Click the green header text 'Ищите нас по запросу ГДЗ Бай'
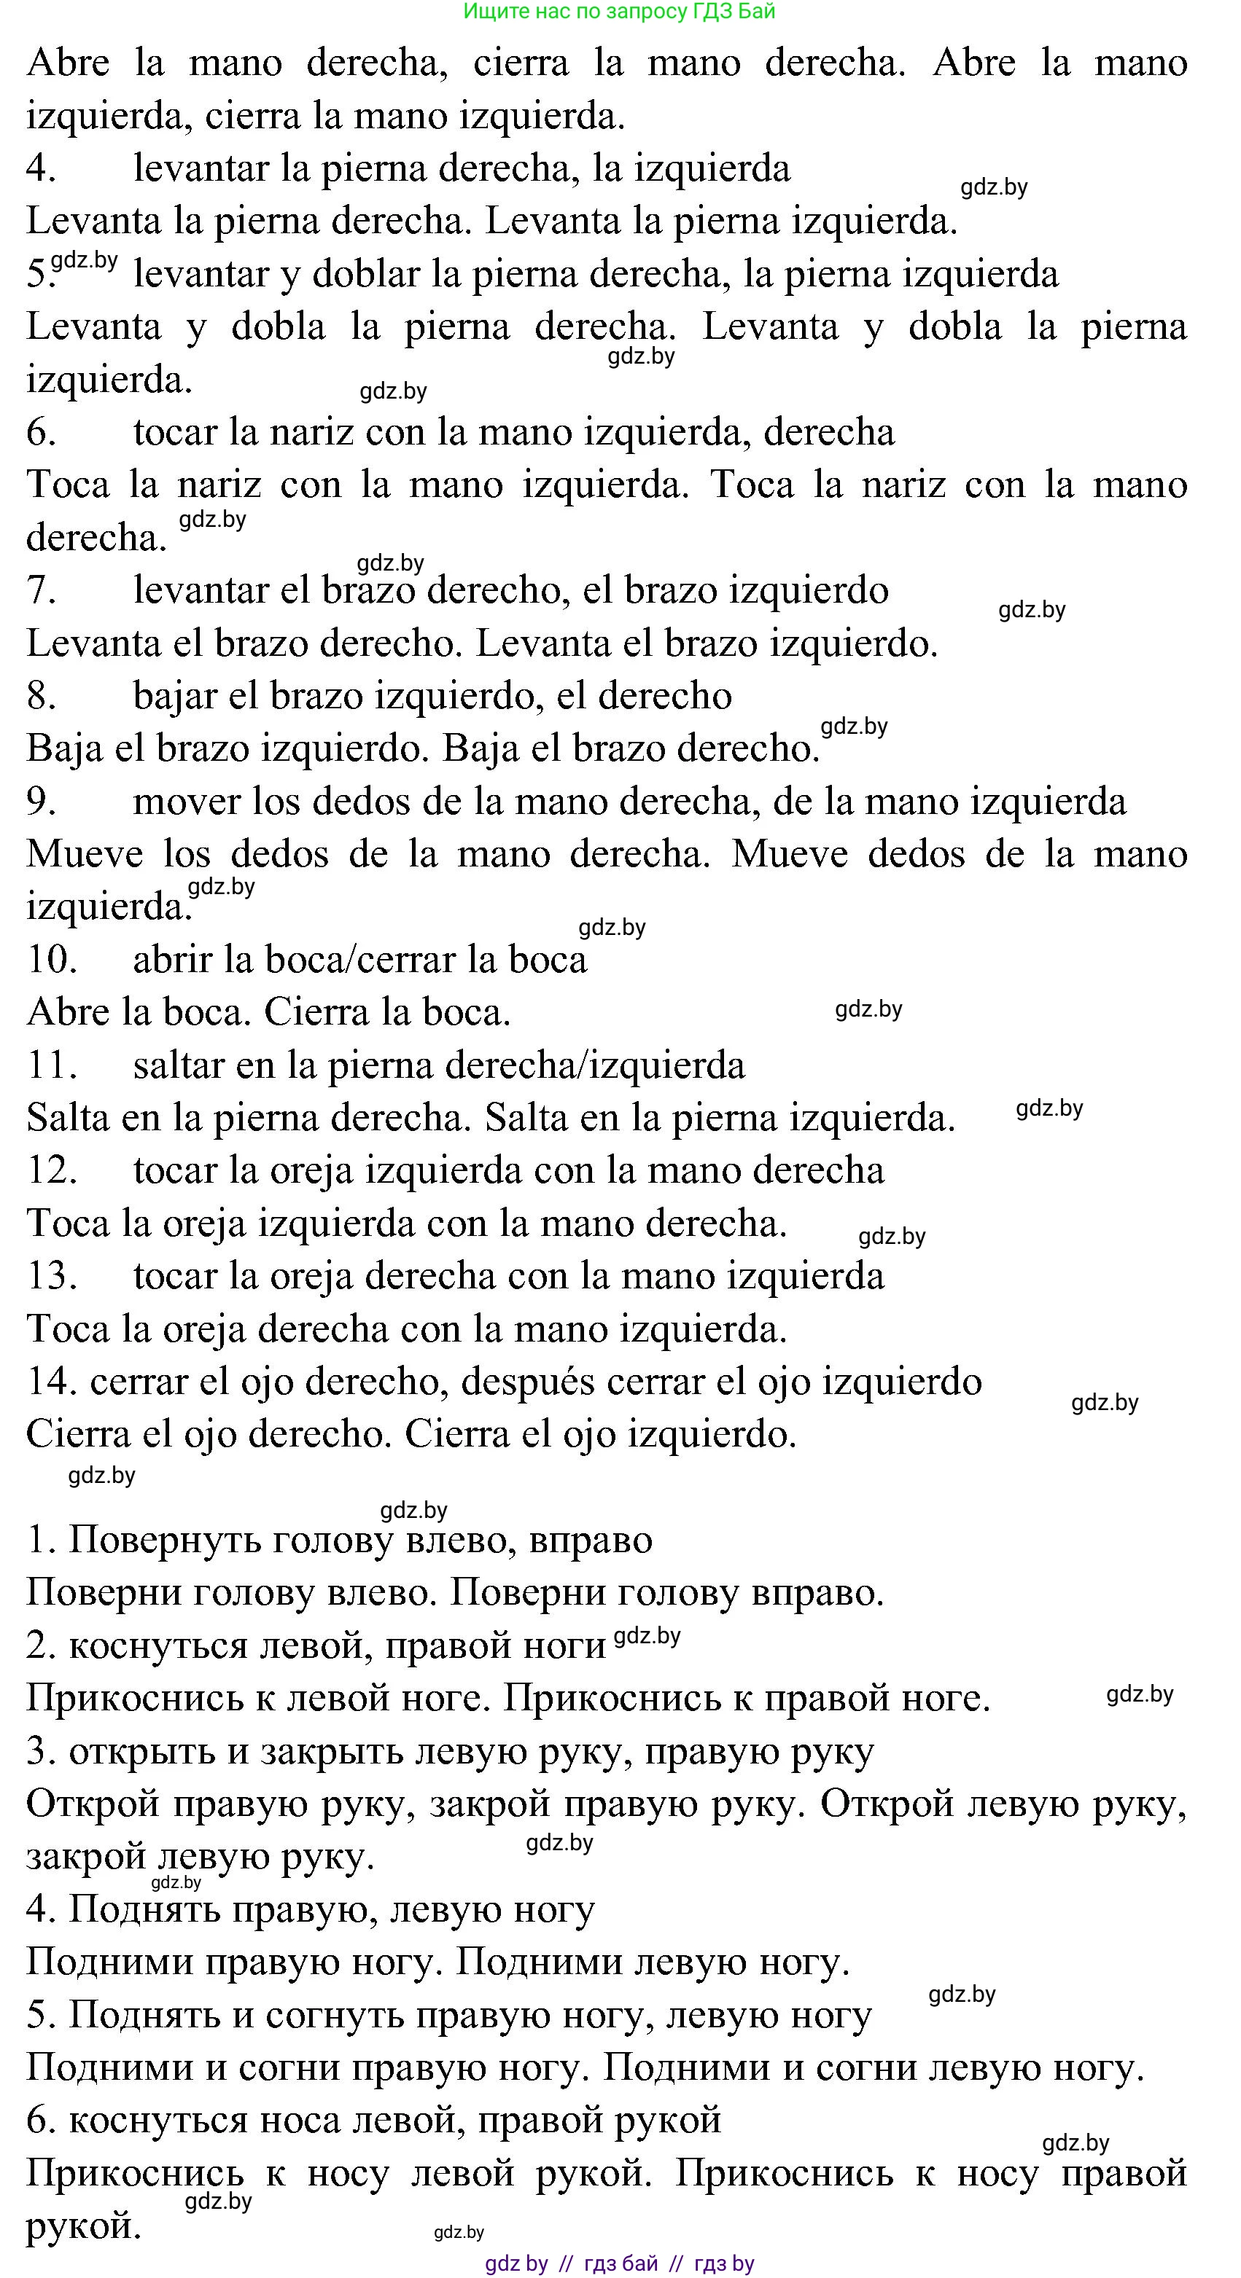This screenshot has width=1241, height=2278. (x=619, y=12)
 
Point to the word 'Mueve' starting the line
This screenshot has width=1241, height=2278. (x=85, y=854)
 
